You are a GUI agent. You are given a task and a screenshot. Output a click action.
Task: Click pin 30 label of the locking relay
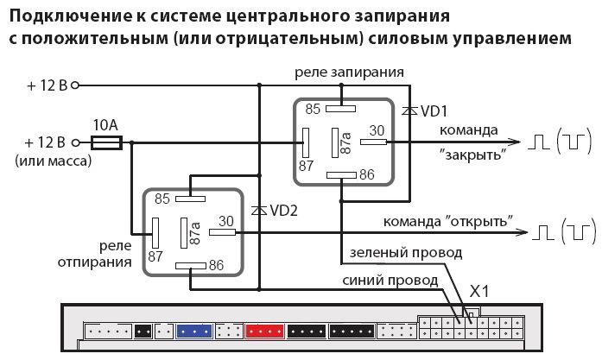(x=377, y=130)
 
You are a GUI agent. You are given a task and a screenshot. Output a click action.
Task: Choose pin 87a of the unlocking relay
(x=195, y=231)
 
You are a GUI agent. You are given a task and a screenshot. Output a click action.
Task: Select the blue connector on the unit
(x=194, y=330)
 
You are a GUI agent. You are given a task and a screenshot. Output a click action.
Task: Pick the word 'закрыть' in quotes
(x=472, y=155)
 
